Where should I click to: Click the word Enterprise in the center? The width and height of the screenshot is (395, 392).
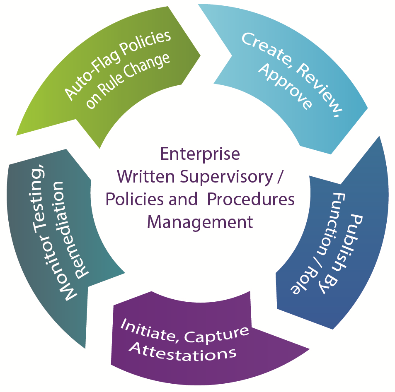[x=200, y=154]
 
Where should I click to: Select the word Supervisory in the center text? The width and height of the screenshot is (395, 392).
[x=223, y=177]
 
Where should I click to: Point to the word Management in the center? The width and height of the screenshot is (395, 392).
[x=200, y=222]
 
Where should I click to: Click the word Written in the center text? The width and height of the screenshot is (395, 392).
[x=142, y=177]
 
